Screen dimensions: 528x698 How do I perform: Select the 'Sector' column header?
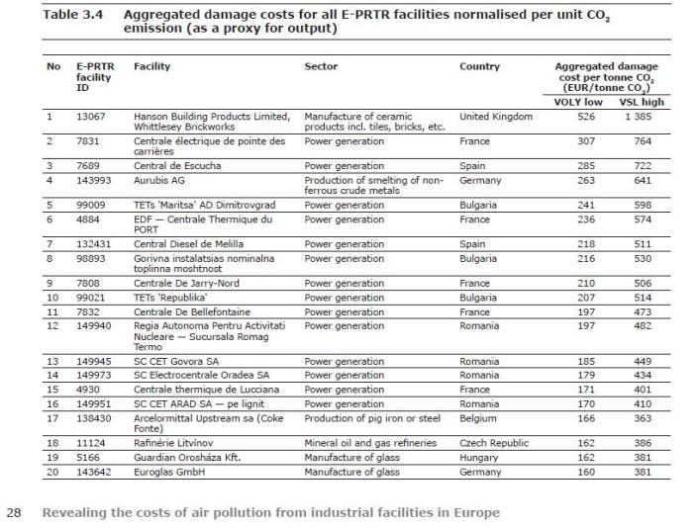321,66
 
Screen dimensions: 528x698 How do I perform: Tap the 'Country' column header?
479,66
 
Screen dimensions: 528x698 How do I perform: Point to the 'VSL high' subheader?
642,102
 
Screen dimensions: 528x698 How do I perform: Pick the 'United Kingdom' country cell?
496,117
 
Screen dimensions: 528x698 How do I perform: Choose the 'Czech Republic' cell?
494,443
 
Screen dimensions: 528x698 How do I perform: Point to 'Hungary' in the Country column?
479,458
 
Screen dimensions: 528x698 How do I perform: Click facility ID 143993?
94,181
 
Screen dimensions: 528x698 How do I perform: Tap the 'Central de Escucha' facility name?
177,166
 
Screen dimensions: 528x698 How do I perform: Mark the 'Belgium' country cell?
478,418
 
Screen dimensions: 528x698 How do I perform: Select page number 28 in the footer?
14,512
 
